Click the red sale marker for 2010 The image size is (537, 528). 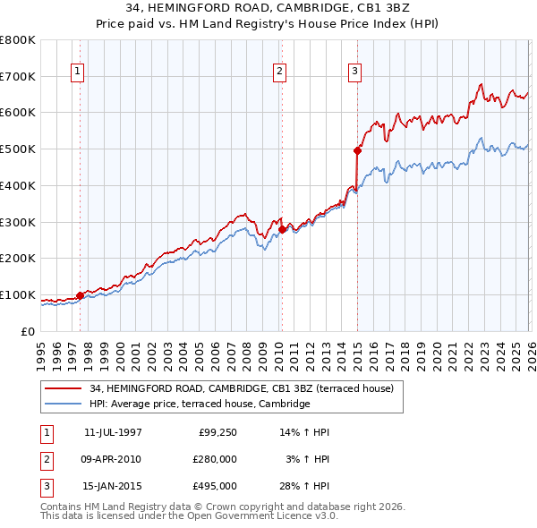(282, 229)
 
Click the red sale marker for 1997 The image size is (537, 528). (80, 294)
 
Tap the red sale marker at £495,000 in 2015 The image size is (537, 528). (357, 150)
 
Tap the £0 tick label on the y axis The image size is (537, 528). (28, 331)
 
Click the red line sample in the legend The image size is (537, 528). (64, 388)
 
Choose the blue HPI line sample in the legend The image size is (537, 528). (64, 405)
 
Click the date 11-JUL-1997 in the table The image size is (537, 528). (113, 432)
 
